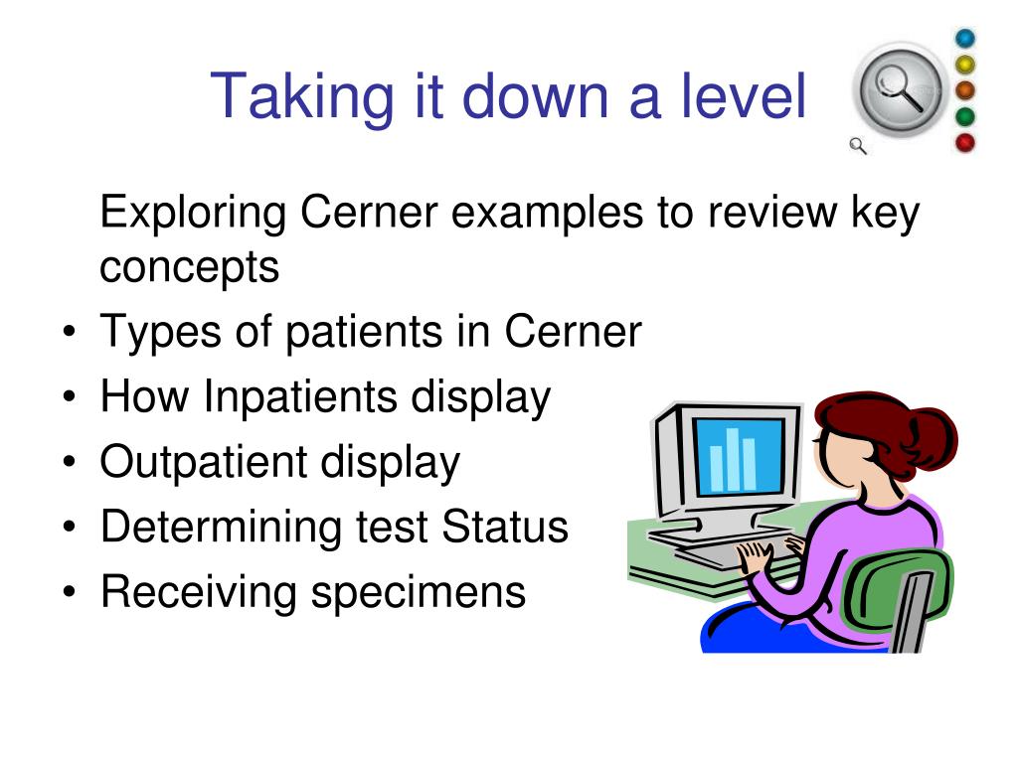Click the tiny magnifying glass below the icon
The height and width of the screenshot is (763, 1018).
(x=858, y=147)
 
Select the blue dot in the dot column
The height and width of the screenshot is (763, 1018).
(x=965, y=39)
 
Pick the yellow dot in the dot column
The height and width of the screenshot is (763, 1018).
(x=965, y=65)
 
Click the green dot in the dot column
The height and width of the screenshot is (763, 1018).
(x=965, y=117)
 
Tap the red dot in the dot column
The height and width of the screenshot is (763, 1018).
(x=965, y=143)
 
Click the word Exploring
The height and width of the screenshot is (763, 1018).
(x=194, y=213)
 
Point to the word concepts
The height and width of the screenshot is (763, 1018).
(x=190, y=267)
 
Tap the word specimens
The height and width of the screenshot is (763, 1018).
(x=418, y=592)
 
